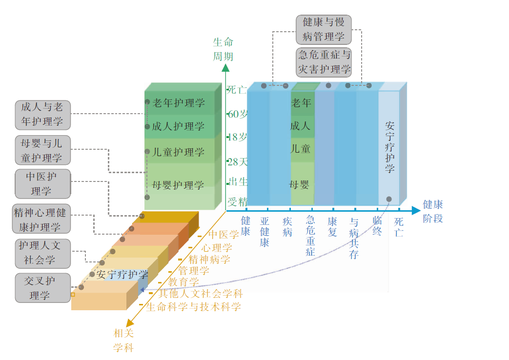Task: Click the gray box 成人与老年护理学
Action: [42, 114]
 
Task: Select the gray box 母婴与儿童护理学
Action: [42, 150]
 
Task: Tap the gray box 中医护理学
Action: [42, 183]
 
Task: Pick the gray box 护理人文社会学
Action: [42, 253]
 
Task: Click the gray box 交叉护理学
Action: [42, 288]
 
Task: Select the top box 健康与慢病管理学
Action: [324, 29]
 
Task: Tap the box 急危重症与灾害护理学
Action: [324, 61]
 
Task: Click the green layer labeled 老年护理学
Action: [179, 102]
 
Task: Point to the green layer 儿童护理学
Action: [179, 152]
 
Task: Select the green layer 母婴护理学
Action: [179, 185]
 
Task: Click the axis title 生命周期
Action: [223, 49]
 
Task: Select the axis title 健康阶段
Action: [433, 211]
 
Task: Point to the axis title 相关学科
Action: [123, 340]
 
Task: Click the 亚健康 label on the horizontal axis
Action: [265, 232]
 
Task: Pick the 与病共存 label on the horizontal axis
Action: [354, 238]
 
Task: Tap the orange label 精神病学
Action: [209, 259]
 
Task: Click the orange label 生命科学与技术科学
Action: [193, 306]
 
